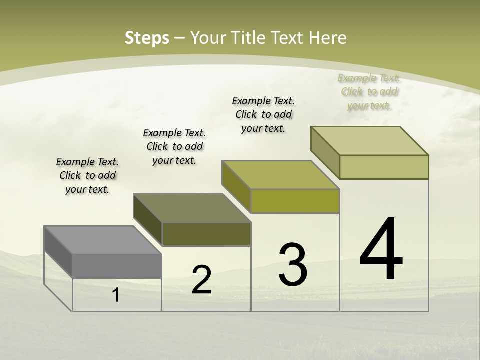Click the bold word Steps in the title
pyautogui.click(x=147, y=38)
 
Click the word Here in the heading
pyautogui.click(x=328, y=38)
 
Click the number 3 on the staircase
pyautogui.click(x=293, y=265)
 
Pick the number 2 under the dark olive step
pyautogui.click(x=201, y=280)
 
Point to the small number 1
pyautogui.click(x=116, y=295)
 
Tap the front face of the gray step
pyautogui.click(x=117, y=266)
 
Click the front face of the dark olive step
pyautogui.click(x=206, y=234)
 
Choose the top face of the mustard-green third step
pyautogui.click(x=280, y=175)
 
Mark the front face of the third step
pyautogui.click(x=295, y=201)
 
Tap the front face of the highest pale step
pyautogui.click(x=384, y=167)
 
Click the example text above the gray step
pyautogui.click(x=87, y=175)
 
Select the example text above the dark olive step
pyautogui.click(x=174, y=146)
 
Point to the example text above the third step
pyautogui.click(x=263, y=114)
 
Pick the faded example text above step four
pyautogui.click(x=369, y=91)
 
